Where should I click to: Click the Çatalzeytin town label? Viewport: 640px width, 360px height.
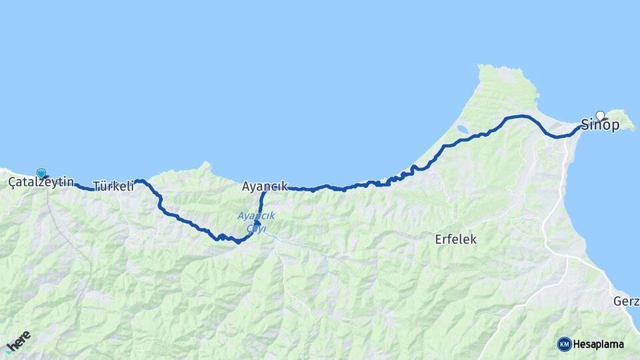coord(41,182)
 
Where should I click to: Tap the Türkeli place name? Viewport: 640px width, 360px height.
coord(113,187)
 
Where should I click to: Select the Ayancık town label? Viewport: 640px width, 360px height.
coord(265,187)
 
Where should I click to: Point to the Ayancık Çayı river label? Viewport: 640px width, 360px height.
coord(256,221)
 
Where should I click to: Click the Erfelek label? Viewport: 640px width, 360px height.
coord(455,239)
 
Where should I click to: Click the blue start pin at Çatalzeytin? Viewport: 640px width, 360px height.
coord(41,173)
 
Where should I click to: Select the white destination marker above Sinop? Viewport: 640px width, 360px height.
coord(600,115)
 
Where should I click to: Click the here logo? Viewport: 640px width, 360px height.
coord(18,341)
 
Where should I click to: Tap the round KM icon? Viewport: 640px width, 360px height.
coord(564,344)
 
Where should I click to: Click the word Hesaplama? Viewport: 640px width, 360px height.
coord(599,345)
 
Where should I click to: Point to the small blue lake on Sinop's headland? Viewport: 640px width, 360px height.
coord(462,129)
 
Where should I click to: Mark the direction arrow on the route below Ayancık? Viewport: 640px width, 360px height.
coord(257,223)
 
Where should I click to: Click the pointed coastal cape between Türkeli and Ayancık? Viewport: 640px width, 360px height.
coord(207,164)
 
